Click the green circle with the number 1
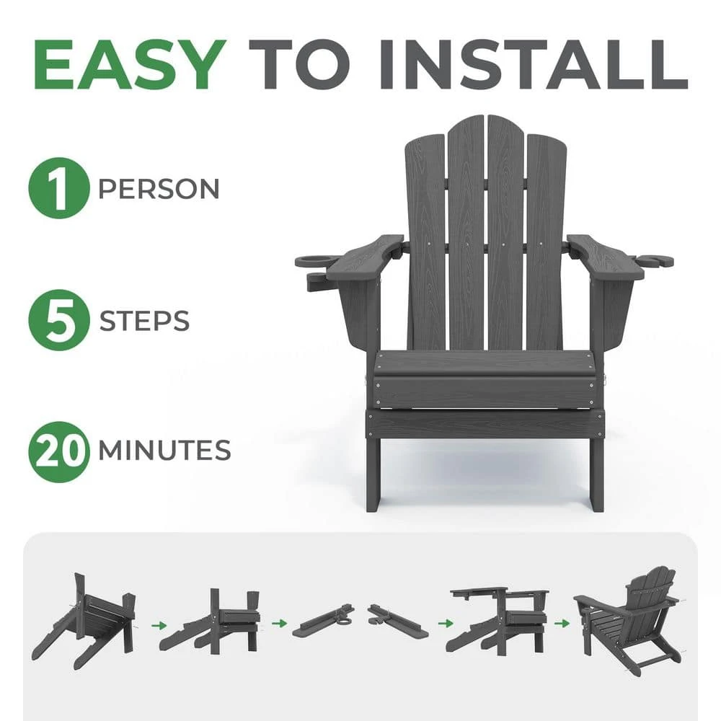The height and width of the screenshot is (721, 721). coord(58,188)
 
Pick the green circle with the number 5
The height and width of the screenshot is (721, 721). coord(58,319)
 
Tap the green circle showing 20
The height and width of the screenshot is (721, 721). coord(58,451)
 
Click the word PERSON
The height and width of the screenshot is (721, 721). coord(159,189)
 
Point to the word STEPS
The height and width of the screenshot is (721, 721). coord(144,320)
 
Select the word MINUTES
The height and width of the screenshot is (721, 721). coord(164,451)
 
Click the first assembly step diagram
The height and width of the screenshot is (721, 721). coord(85,616)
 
